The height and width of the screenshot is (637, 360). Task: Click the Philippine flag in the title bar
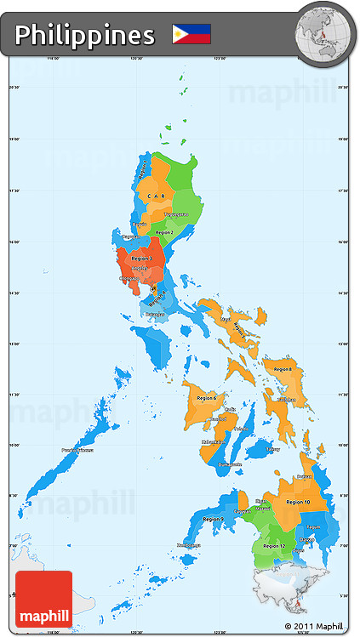[x=191, y=34]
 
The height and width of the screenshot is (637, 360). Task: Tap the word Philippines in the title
[x=84, y=35]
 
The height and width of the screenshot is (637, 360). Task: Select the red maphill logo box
[x=43, y=600]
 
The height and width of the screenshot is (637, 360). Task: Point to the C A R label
[x=157, y=196]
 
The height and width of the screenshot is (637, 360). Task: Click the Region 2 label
[x=163, y=232]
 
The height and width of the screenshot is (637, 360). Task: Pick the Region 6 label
[x=206, y=398]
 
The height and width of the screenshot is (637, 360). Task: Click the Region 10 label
[x=298, y=502]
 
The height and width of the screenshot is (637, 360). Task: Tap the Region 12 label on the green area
[x=275, y=545]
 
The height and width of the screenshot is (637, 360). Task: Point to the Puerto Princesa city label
[x=77, y=451]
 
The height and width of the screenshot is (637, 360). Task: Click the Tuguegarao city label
[x=176, y=214]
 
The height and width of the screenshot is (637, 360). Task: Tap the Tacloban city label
[x=286, y=400]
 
